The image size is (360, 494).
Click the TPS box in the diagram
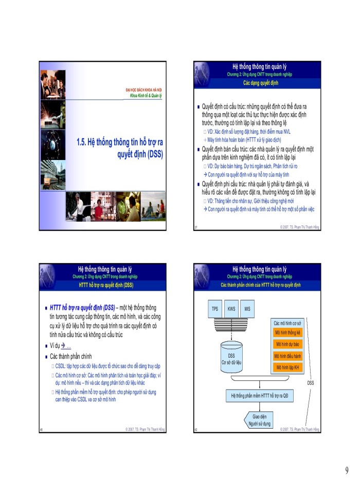click(x=214, y=309)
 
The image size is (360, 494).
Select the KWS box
click(x=231, y=309)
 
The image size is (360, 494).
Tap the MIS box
click(x=247, y=309)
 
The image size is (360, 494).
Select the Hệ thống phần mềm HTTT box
click(x=259, y=396)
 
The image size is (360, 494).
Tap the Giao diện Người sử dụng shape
click(x=256, y=420)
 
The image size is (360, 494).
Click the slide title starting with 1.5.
click(x=119, y=147)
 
